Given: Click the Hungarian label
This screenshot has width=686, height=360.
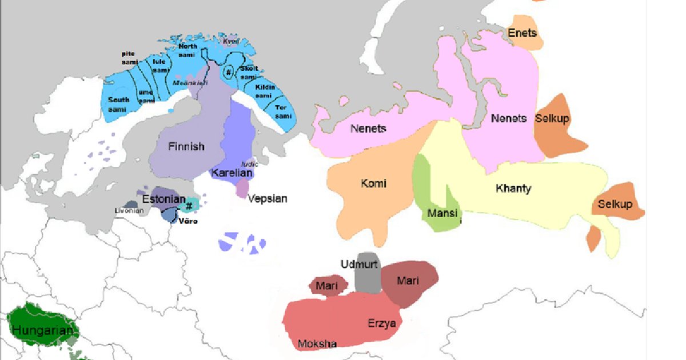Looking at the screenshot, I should [x=43, y=330].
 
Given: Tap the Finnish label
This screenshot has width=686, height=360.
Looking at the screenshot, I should [x=186, y=147].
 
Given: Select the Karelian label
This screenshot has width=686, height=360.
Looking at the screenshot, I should [x=232, y=173].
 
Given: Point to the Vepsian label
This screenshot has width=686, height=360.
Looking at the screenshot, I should [x=268, y=199].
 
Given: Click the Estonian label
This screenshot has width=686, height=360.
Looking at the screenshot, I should [x=163, y=199].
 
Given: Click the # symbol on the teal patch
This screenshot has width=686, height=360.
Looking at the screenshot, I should [x=189, y=206].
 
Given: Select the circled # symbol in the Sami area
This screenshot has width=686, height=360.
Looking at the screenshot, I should [x=228, y=73].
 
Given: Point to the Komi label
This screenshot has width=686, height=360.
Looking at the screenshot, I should [x=373, y=183].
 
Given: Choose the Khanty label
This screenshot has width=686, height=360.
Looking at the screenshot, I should [x=513, y=189].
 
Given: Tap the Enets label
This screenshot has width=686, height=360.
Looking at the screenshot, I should [x=523, y=34].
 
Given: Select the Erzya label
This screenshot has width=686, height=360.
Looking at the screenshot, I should [x=381, y=323].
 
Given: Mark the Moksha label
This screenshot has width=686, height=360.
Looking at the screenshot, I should [x=317, y=343].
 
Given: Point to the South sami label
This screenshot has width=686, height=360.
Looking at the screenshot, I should [x=118, y=104].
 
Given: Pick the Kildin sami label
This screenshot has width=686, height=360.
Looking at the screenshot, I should [x=265, y=91].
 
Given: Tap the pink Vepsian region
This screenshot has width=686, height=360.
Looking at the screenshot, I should [x=242, y=186].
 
